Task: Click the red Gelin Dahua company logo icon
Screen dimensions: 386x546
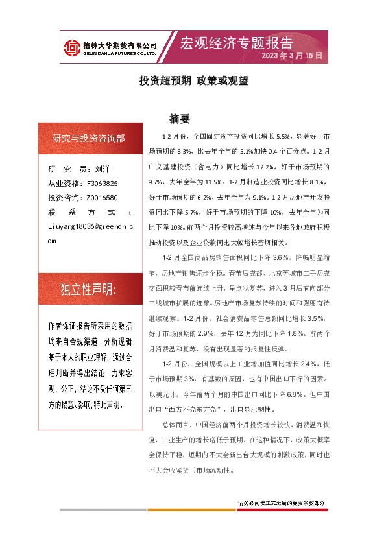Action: (x=71, y=47)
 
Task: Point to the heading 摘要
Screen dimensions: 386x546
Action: (x=179, y=119)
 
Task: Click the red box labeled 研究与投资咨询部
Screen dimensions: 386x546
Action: (x=89, y=138)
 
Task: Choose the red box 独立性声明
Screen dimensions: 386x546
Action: (x=89, y=289)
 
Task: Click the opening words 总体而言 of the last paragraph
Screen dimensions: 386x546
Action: (x=176, y=425)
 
